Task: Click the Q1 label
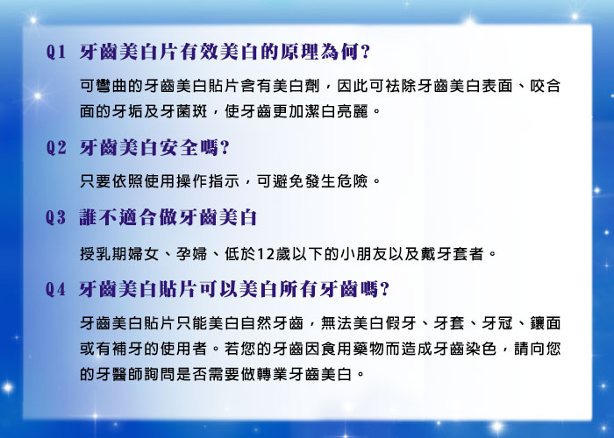[x=55, y=52]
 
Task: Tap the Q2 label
[x=56, y=148]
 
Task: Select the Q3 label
[x=56, y=217]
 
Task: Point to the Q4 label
[x=55, y=289]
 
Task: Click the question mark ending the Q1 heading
[x=366, y=52]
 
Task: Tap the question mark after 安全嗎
[x=225, y=148]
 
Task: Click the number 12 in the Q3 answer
[x=266, y=254]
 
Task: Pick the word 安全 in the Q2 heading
[x=179, y=148]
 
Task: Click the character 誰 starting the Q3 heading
[x=89, y=217]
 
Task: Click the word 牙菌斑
[x=183, y=112]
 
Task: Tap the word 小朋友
[x=363, y=254]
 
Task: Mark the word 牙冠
[x=497, y=323]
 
